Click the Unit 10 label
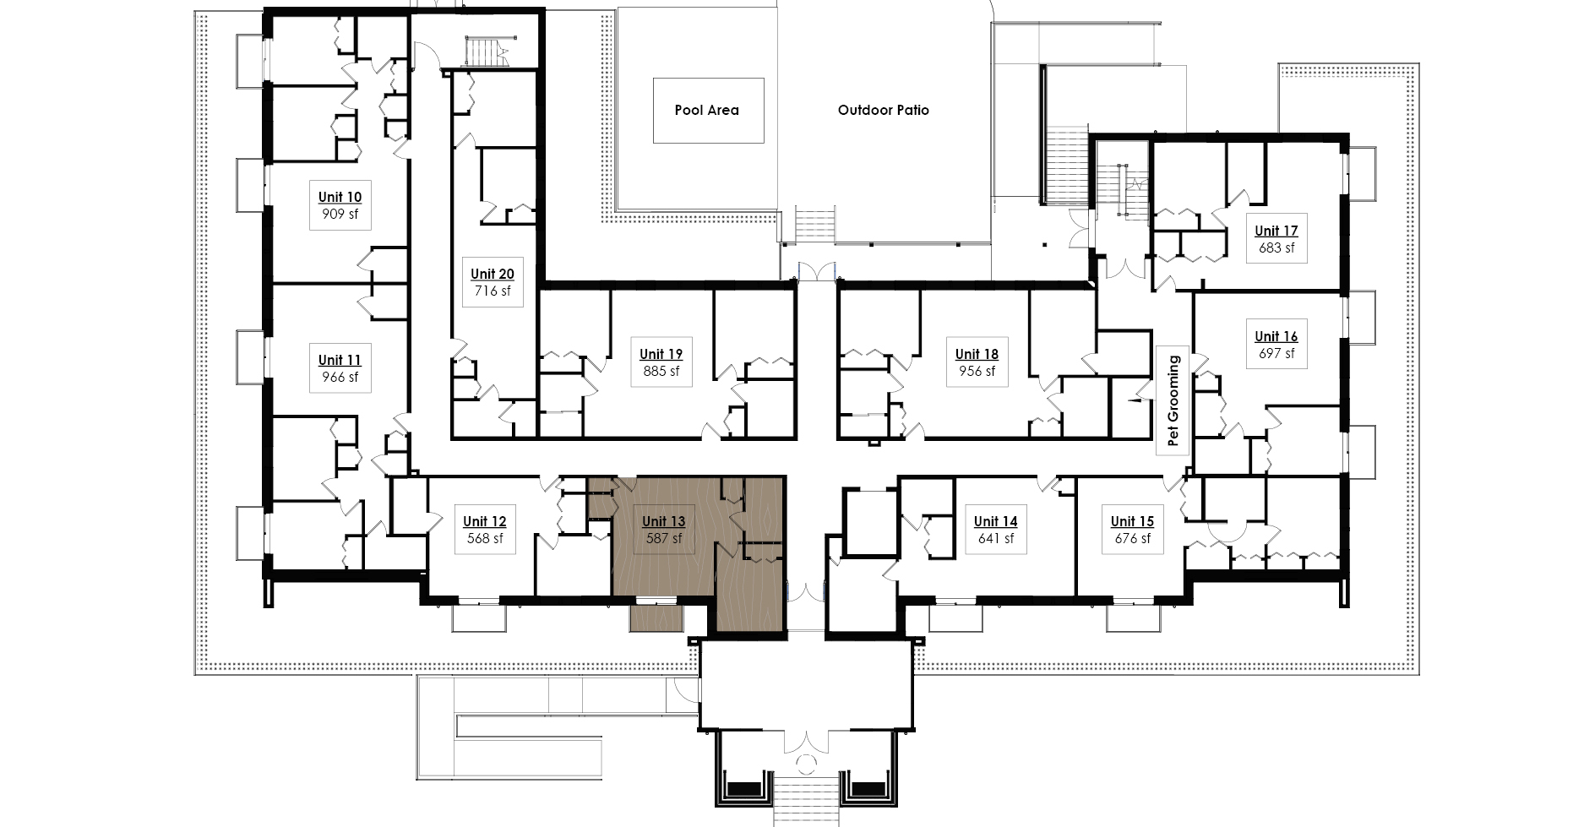click(x=340, y=197)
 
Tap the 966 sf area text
click(x=339, y=378)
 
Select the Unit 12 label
click(x=485, y=521)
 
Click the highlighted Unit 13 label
click(x=664, y=521)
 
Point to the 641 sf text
click(x=996, y=538)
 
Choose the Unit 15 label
click(x=1132, y=521)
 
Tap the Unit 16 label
click(x=1276, y=336)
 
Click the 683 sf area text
click(x=1276, y=248)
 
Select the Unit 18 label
click(x=977, y=354)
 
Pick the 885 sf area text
click(x=661, y=371)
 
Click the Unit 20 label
click(x=493, y=274)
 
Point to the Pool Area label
click(x=707, y=110)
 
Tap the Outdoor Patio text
click(x=884, y=110)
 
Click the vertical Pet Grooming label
click(x=1173, y=401)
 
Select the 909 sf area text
click(x=340, y=214)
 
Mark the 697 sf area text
click(x=1276, y=353)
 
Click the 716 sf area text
click(x=493, y=291)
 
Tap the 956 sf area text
click(x=977, y=371)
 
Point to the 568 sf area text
click(x=485, y=538)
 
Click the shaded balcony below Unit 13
click(x=656, y=618)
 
